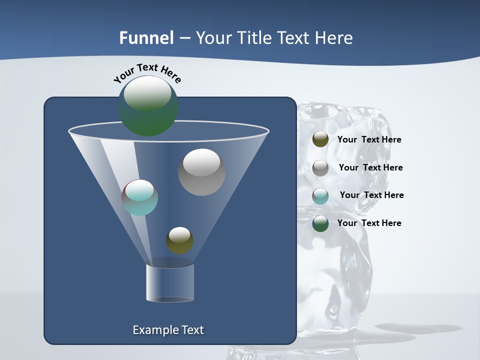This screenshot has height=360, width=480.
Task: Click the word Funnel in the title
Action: (x=146, y=38)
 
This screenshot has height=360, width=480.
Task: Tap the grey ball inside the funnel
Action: (x=202, y=172)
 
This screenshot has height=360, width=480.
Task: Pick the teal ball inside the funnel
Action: (x=140, y=198)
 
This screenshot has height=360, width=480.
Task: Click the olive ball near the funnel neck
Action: (x=179, y=240)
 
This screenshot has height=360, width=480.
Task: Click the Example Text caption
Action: (x=168, y=330)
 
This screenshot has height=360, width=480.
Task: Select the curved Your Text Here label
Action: (x=147, y=73)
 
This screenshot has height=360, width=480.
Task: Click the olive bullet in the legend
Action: (x=320, y=139)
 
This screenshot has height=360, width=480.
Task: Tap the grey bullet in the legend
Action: (x=320, y=168)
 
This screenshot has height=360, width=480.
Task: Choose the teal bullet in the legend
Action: (x=320, y=196)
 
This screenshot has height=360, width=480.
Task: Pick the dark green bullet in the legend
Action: (x=320, y=223)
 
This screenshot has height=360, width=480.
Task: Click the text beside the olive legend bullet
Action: (x=369, y=140)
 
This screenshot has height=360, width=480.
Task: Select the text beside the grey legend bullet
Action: (x=370, y=168)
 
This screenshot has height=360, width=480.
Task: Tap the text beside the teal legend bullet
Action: (x=371, y=195)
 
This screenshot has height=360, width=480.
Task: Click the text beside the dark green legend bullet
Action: (x=369, y=223)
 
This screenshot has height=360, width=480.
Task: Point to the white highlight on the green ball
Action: (x=147, y=93)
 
